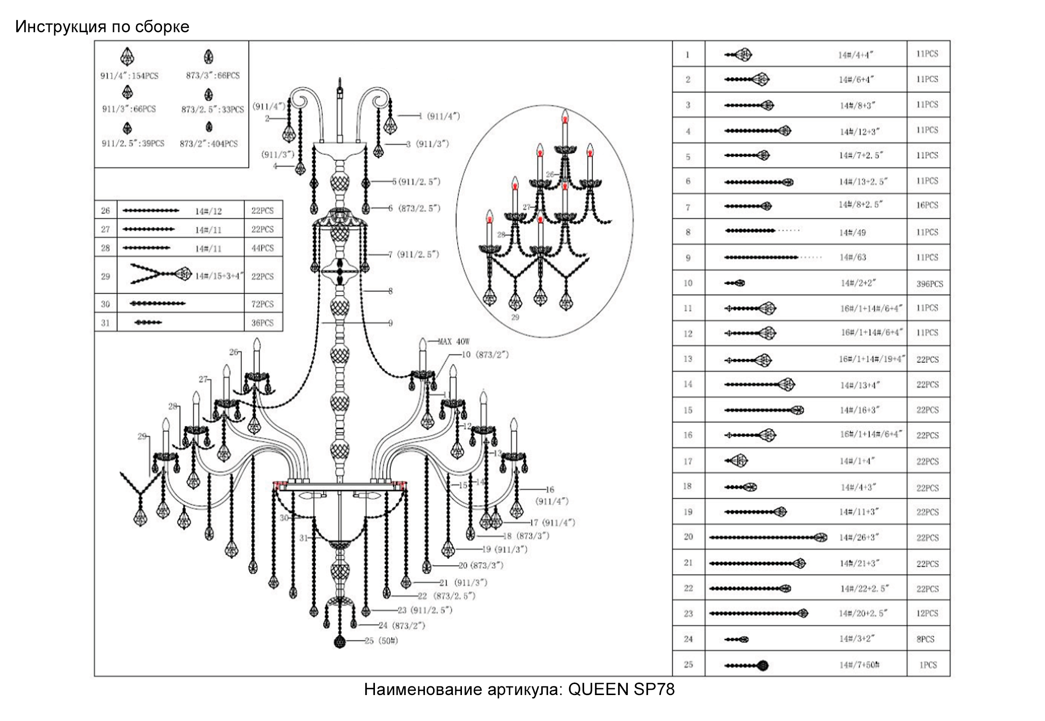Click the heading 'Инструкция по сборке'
[102, 27]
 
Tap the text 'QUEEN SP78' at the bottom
[621, 689]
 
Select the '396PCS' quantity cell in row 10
[929, 284]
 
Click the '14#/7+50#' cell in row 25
[859, 665]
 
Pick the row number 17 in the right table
[688, 461]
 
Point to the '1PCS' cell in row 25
[928, 665]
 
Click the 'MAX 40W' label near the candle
[453, 342]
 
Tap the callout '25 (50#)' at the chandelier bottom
[381, 641]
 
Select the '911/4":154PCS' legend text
[129, 76]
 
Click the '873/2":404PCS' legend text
[209, 144]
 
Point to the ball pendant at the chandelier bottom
[340, 642]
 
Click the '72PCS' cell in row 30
[262, 304]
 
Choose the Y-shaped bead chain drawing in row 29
[161, 275]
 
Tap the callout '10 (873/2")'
[485, 355]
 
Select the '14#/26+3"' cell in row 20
[859, 537]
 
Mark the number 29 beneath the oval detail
[515, 317]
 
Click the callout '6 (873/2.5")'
[414, 208]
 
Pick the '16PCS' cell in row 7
[927, 205]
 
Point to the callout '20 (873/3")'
[480, 565]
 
